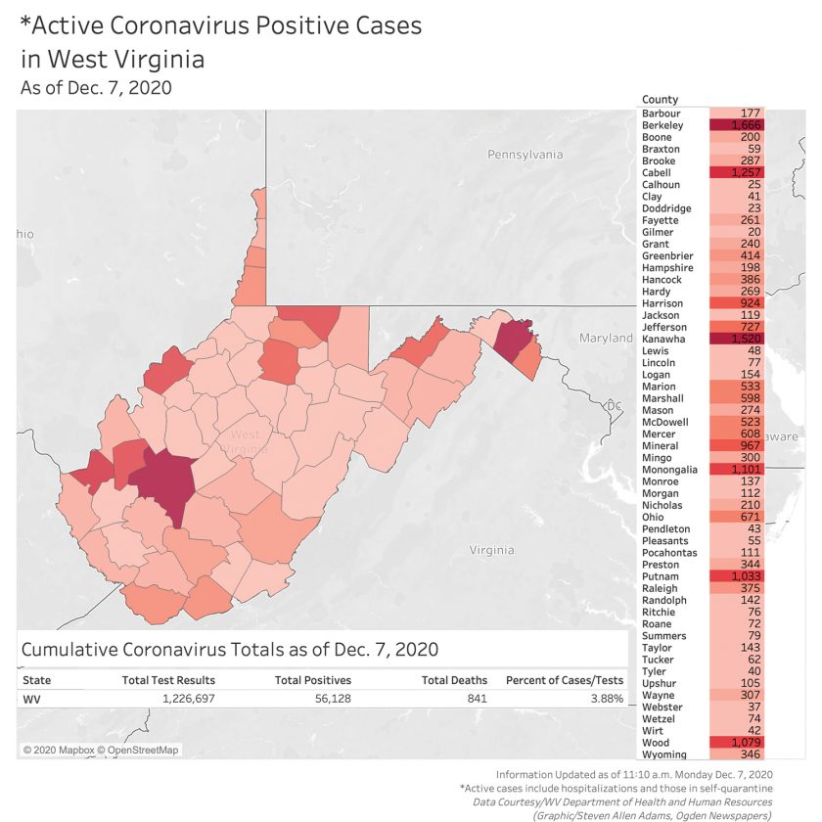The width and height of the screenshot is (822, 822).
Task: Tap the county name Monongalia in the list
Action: (x=670, y=470)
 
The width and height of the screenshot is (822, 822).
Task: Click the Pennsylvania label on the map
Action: (x=525, y=155)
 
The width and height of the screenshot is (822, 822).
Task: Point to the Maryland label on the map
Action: (x=606, y=338)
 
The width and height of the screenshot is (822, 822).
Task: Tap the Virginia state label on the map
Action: (x=491, y=550)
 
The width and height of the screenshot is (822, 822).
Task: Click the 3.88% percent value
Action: (x=607, y=699)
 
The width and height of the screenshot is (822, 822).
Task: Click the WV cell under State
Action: (x=31, y=699)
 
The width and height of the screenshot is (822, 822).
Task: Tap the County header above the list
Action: (x=661, y=100)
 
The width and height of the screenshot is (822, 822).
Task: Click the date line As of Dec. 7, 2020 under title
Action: (x=96, y=87)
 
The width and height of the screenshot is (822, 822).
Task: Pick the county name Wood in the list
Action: (x=657, y=743)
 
